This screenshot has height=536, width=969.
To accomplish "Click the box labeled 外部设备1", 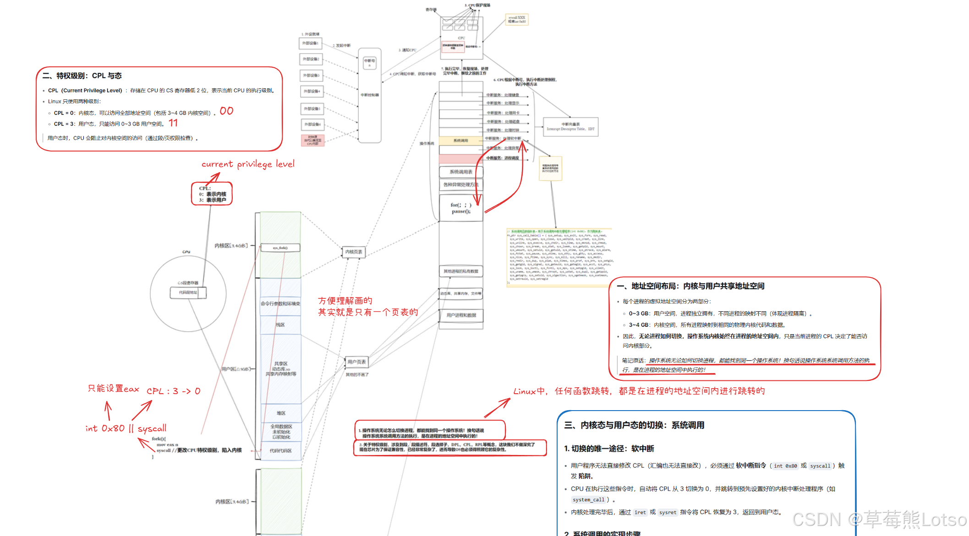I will [310, 43].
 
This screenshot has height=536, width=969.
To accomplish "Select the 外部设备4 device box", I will [312, 92].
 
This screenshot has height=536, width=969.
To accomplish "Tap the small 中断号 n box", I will [370, 63].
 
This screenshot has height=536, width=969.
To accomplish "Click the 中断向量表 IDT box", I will [570, 127].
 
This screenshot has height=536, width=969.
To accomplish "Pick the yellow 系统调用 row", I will [460, 141].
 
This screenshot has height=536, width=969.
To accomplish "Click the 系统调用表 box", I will [461, 172].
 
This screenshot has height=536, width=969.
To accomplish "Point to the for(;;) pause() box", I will [461, 208].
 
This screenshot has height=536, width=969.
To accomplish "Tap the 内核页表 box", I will [354, 252].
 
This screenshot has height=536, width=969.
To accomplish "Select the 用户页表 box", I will [356, 362].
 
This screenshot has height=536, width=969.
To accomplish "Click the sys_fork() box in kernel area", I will [280, 248].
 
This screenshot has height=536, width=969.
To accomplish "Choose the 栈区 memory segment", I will [280, 325].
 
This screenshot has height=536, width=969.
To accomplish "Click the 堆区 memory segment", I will [281, 413].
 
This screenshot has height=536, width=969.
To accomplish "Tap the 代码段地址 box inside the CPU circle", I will [188, 292].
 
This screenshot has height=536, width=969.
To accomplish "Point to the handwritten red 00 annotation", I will [226, 111].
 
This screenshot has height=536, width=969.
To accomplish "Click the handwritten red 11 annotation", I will [173, 123].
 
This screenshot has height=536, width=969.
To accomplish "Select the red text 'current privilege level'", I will [248, 164].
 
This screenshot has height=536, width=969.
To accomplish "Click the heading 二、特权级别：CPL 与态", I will [82, 76].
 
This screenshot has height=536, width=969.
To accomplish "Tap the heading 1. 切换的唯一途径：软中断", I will [609, 449].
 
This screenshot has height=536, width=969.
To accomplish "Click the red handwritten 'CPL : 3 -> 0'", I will [173, 391].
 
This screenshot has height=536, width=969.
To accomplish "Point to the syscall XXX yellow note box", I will [517, 20].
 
